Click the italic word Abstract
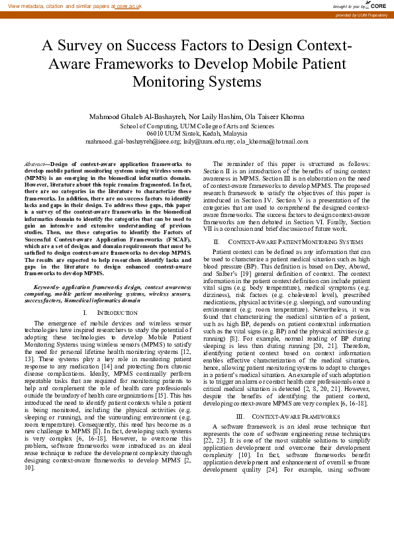pos(34,163)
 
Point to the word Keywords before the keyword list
pos(47,288)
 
